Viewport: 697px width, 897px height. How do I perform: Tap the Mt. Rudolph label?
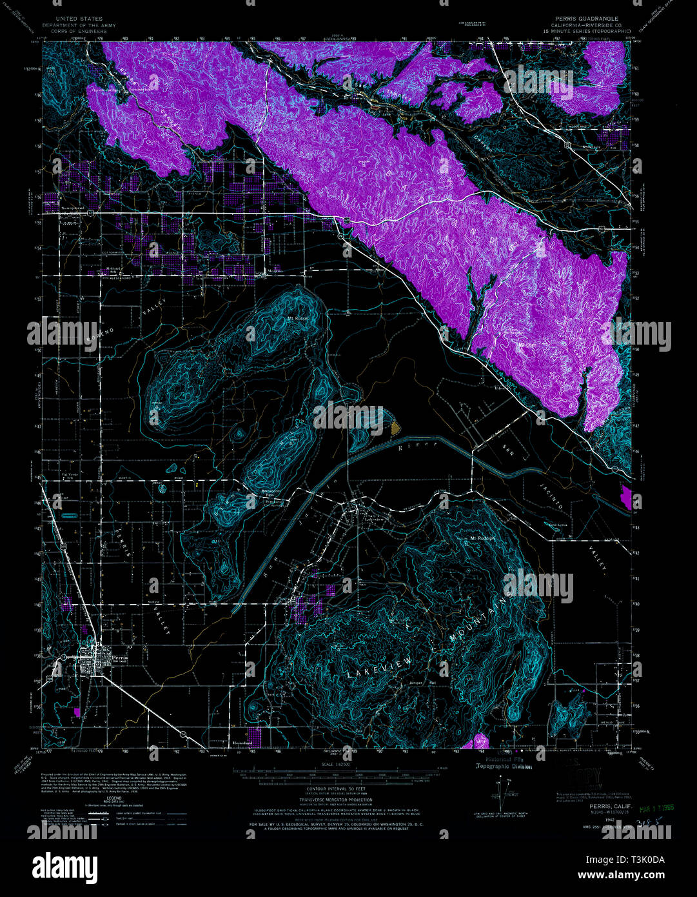pyautogui.click(x=482, y=538)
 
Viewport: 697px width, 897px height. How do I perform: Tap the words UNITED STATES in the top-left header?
pyautogui.click(x=79, y=19)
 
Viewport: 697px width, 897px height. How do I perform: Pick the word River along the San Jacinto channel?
pyautogui.click(x=413, y=447)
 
